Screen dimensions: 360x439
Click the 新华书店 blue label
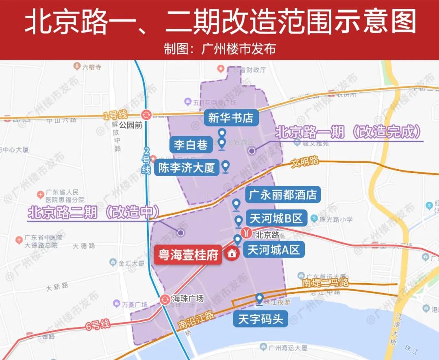[230, 118]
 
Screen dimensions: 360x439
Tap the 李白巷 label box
[191, 144]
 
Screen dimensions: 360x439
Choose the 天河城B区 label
[276, 218]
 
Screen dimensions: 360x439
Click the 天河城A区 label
[274, 249]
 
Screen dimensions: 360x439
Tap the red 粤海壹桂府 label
[188, 255]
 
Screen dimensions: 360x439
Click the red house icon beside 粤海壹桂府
[232, 254]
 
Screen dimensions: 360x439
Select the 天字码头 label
[260, 319]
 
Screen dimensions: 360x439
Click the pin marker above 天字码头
[259, 299]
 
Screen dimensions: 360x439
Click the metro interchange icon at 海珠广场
[165, 299]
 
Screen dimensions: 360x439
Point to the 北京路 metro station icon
[246, 233]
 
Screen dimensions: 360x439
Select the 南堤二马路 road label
[326, 282]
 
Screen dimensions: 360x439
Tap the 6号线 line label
[98, 325]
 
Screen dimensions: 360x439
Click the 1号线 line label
[112, 116]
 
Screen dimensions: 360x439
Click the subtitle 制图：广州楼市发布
[219, 49]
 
